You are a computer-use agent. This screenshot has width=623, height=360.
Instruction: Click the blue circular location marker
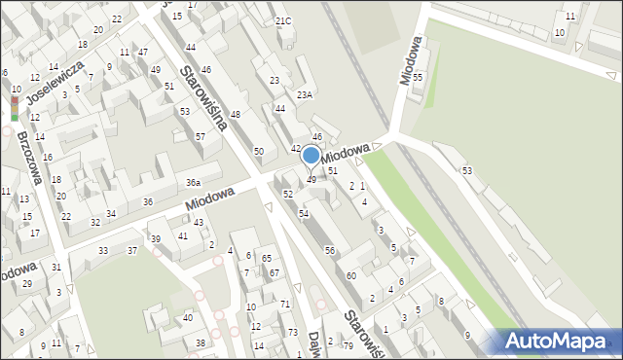coord(311,155)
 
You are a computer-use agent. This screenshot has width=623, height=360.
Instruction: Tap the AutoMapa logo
coord(560,341)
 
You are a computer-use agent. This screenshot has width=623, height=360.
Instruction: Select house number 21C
coord(282,20)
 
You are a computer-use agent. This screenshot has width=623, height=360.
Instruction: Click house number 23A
coord(305,94)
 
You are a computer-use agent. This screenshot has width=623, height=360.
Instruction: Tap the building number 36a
coord(194,182)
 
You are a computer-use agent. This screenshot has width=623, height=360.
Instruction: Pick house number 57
coord(200,136)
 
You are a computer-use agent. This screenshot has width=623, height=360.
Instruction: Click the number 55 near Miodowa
coord(418,76)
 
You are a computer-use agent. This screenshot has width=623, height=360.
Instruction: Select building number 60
coord(351,276)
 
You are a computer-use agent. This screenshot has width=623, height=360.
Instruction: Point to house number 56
coord(330,251)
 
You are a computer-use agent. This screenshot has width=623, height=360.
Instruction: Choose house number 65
coord(266,258)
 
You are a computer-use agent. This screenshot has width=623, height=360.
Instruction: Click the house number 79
coord(348,345)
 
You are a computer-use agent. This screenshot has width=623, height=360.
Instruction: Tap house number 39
coord(155,239)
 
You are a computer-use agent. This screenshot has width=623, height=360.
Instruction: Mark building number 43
coord(199,222)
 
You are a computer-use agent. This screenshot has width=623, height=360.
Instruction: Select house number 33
coord(103,251)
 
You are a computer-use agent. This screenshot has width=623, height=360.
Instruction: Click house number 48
coord(235,115)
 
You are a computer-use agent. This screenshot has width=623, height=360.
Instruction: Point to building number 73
coord(293,332)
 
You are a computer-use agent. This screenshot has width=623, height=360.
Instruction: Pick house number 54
coord(304,213)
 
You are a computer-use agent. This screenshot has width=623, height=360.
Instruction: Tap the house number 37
coord(132,251)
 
